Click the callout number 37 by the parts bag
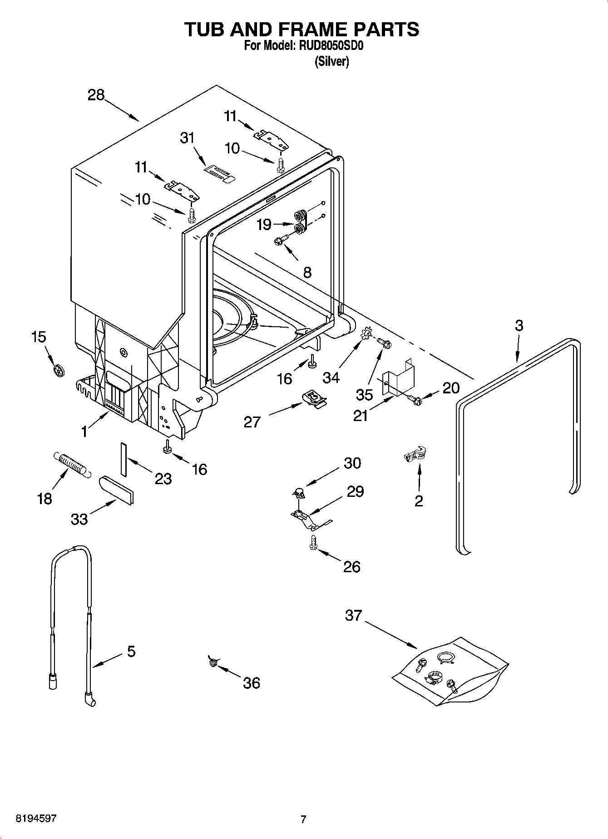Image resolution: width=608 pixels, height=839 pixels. (x=353, y=616)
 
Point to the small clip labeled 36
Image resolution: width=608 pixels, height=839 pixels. (x=213, y=662)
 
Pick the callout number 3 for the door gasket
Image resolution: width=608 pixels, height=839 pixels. (x=519, y=325)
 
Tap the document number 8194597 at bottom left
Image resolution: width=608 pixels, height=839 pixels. (x=36, y=819)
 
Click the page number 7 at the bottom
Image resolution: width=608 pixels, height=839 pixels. (x=303, y=819)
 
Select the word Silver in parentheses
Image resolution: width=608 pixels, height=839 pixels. (x=332, y=62)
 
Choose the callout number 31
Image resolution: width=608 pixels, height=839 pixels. (x=187, y=137)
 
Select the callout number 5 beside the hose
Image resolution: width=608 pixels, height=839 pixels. (x=131, y=652)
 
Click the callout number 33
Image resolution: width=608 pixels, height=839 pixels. (x=79, y=519)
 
